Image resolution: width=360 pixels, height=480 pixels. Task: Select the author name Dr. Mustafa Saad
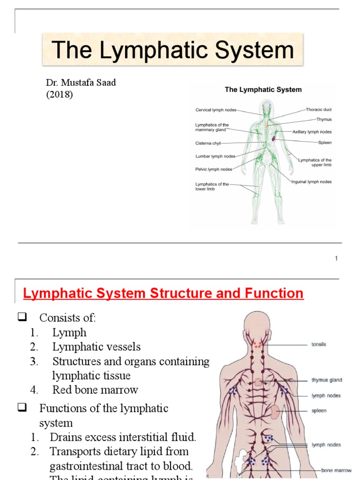point(81,83)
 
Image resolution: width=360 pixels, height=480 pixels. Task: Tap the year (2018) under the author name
point(60,94)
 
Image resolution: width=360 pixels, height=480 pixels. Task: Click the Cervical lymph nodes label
point(216,110)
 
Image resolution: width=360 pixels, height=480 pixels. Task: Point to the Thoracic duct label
point(318,110)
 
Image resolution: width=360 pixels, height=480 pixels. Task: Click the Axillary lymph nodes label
point(312,133)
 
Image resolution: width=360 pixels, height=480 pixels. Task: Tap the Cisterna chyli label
point(208,143)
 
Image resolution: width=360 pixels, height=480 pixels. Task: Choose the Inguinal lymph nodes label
point(311,182)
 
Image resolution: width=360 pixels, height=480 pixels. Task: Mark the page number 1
point(336,258)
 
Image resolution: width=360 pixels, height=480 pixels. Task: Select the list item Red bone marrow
point(95,390)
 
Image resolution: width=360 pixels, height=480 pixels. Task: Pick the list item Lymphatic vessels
point(96,347)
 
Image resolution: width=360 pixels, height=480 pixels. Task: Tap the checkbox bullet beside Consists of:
point(22,318)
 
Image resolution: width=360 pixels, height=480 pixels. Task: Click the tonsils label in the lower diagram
point(319,345)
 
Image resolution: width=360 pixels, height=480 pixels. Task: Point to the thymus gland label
point(327,380)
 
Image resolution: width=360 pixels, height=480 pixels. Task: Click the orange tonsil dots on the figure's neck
point(257,345)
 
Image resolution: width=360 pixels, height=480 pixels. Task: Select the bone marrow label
point(336,470)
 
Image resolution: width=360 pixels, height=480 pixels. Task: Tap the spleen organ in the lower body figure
point(276,411)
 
